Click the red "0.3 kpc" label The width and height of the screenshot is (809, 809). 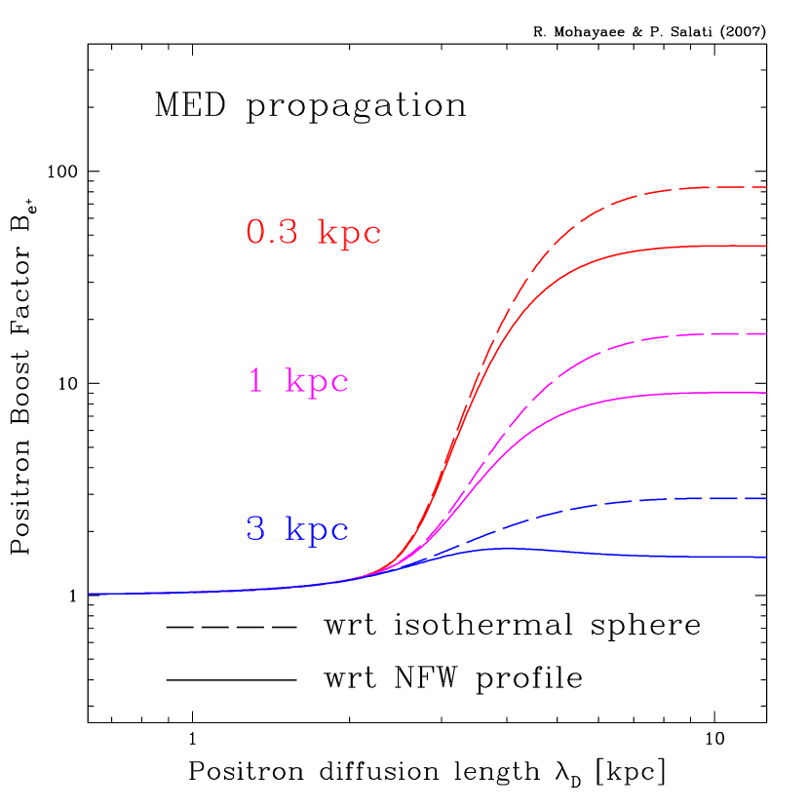pyautogui.click(x=313, y=233)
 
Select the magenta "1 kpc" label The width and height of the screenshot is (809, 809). pyautogui.click(x=298, y=381)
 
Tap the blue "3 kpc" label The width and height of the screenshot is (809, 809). pyautogui.click(x=297, y=529)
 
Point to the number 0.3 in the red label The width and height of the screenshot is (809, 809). pyautogui.click(x=272, y=232)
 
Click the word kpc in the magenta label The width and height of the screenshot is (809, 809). pyautogui.click(x=317, y=382)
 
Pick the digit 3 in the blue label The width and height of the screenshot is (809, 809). pyautogui.click(x=255, y=529)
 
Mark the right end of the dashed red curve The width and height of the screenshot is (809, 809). pyautogui.click(x=766, y=187)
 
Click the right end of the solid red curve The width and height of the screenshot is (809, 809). pyautogui.click(x=766, y=247)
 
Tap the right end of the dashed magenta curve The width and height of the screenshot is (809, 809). pyautogui.click(x=766, y=334)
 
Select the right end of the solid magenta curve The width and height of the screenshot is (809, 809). pyautogui.click(x=766, y=393)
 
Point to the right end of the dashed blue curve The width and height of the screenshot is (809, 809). pyautogui.click(x=766, y=499)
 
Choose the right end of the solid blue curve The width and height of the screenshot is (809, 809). pyautogui.click(x=766, y=558)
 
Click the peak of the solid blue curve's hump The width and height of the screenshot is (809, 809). pyautogui.click(x=507, y=548)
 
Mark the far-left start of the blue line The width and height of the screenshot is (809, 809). pyautogui.click(x=90, y=594)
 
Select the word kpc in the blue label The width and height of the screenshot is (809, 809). pyautogui.click(x=317, y=530)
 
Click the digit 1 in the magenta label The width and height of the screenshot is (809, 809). pyautogui.click(x=255, y=380)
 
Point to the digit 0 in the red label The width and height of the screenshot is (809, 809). pyautogui.click(x=255, y=232)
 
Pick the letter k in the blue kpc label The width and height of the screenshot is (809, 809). pyautogui.click(x=295, y=529)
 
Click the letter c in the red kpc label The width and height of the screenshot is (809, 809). pyautogui.click(x=371, y=236)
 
